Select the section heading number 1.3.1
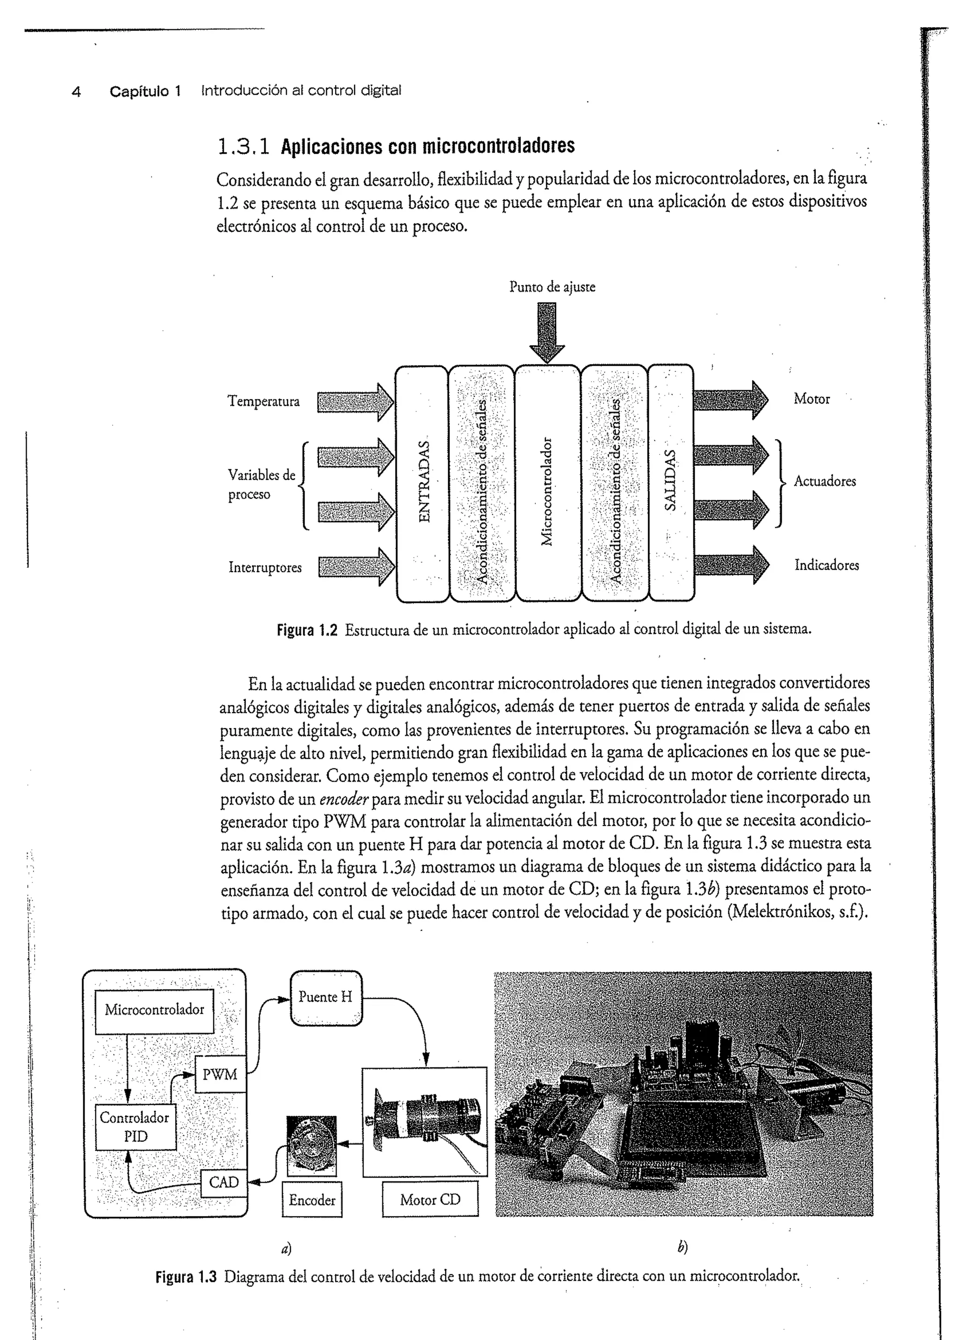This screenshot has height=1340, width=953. [x=243, y=146]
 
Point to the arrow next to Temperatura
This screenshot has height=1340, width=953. [x=356, y=402]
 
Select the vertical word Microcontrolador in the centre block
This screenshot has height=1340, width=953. [x=547, y=491]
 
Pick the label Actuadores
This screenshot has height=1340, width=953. [x=825, y=481]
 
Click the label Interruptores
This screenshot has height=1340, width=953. [x=265, y=567]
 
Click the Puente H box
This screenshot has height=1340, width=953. [x=326, y=997]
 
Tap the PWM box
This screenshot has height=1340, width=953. [x=220, y=1075]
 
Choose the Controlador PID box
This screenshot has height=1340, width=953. [x=135, y=1126]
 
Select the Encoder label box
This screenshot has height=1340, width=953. [x=312, y=1200]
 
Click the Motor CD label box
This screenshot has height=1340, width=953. [x=430, y=1200]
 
